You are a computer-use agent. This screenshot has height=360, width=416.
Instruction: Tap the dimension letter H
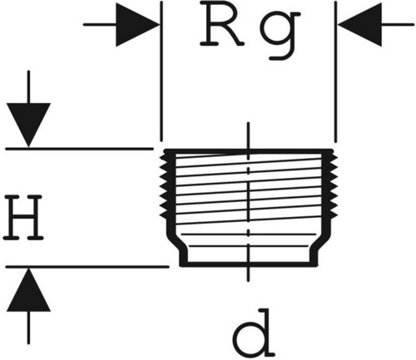pyautogui.click(x=23, y=218)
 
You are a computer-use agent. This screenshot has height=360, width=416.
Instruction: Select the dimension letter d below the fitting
pyautogui.click(x=254, y=333)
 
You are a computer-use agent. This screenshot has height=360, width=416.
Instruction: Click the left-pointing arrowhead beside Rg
pyautogui.click(x=359, y=25)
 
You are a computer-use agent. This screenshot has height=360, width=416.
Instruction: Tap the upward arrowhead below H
pyautogui.click(x=28, y=290)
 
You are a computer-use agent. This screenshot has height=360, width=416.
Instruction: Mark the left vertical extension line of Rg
pyautogui.click(x=161, y=72)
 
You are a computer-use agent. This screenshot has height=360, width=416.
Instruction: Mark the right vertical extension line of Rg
pyautogui.click(x=335, y=72)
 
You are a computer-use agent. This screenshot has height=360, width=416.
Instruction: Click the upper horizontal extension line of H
pyautogui.click(x=79, y=149)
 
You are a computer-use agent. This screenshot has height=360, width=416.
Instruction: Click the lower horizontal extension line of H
pyautogui.click(x=87, y=267)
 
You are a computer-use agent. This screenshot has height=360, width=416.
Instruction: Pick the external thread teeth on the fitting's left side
pyautogui.click(x=164, y=186)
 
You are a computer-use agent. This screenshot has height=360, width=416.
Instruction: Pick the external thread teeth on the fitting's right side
pyautogui.click(x=333, y=186)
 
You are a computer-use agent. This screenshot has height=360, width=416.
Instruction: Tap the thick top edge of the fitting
pyautogui.click(x=249, y=151)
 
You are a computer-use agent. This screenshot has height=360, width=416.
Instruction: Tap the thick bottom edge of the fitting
pyautogui.click(x=249, y=264)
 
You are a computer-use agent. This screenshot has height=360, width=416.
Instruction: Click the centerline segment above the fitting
pyautogui.click(x=249, y=136)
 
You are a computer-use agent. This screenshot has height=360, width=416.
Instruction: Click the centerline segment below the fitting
pyautogui.click(x=249, y=274)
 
